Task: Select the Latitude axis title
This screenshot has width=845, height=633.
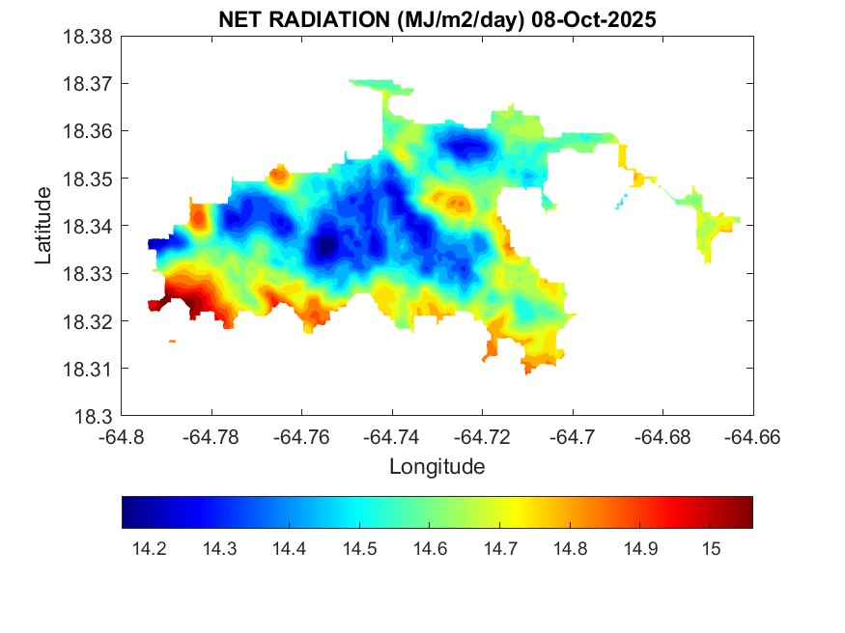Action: click(43, 227)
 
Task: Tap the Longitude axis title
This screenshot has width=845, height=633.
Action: click(437, 467)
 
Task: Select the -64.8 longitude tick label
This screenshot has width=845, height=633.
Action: click(122, 437)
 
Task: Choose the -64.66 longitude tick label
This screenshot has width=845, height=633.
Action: click(753, 437)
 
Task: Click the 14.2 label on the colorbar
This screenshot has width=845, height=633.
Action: click(149, 549)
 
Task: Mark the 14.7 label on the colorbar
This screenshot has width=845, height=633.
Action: click(500, 549)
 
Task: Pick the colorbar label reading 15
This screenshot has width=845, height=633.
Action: click(711, 549)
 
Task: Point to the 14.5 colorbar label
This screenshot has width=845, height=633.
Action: click(359, 549)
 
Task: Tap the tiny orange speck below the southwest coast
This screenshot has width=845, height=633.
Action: click(172, 341)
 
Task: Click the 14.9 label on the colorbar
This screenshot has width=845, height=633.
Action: click(640, 549)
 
